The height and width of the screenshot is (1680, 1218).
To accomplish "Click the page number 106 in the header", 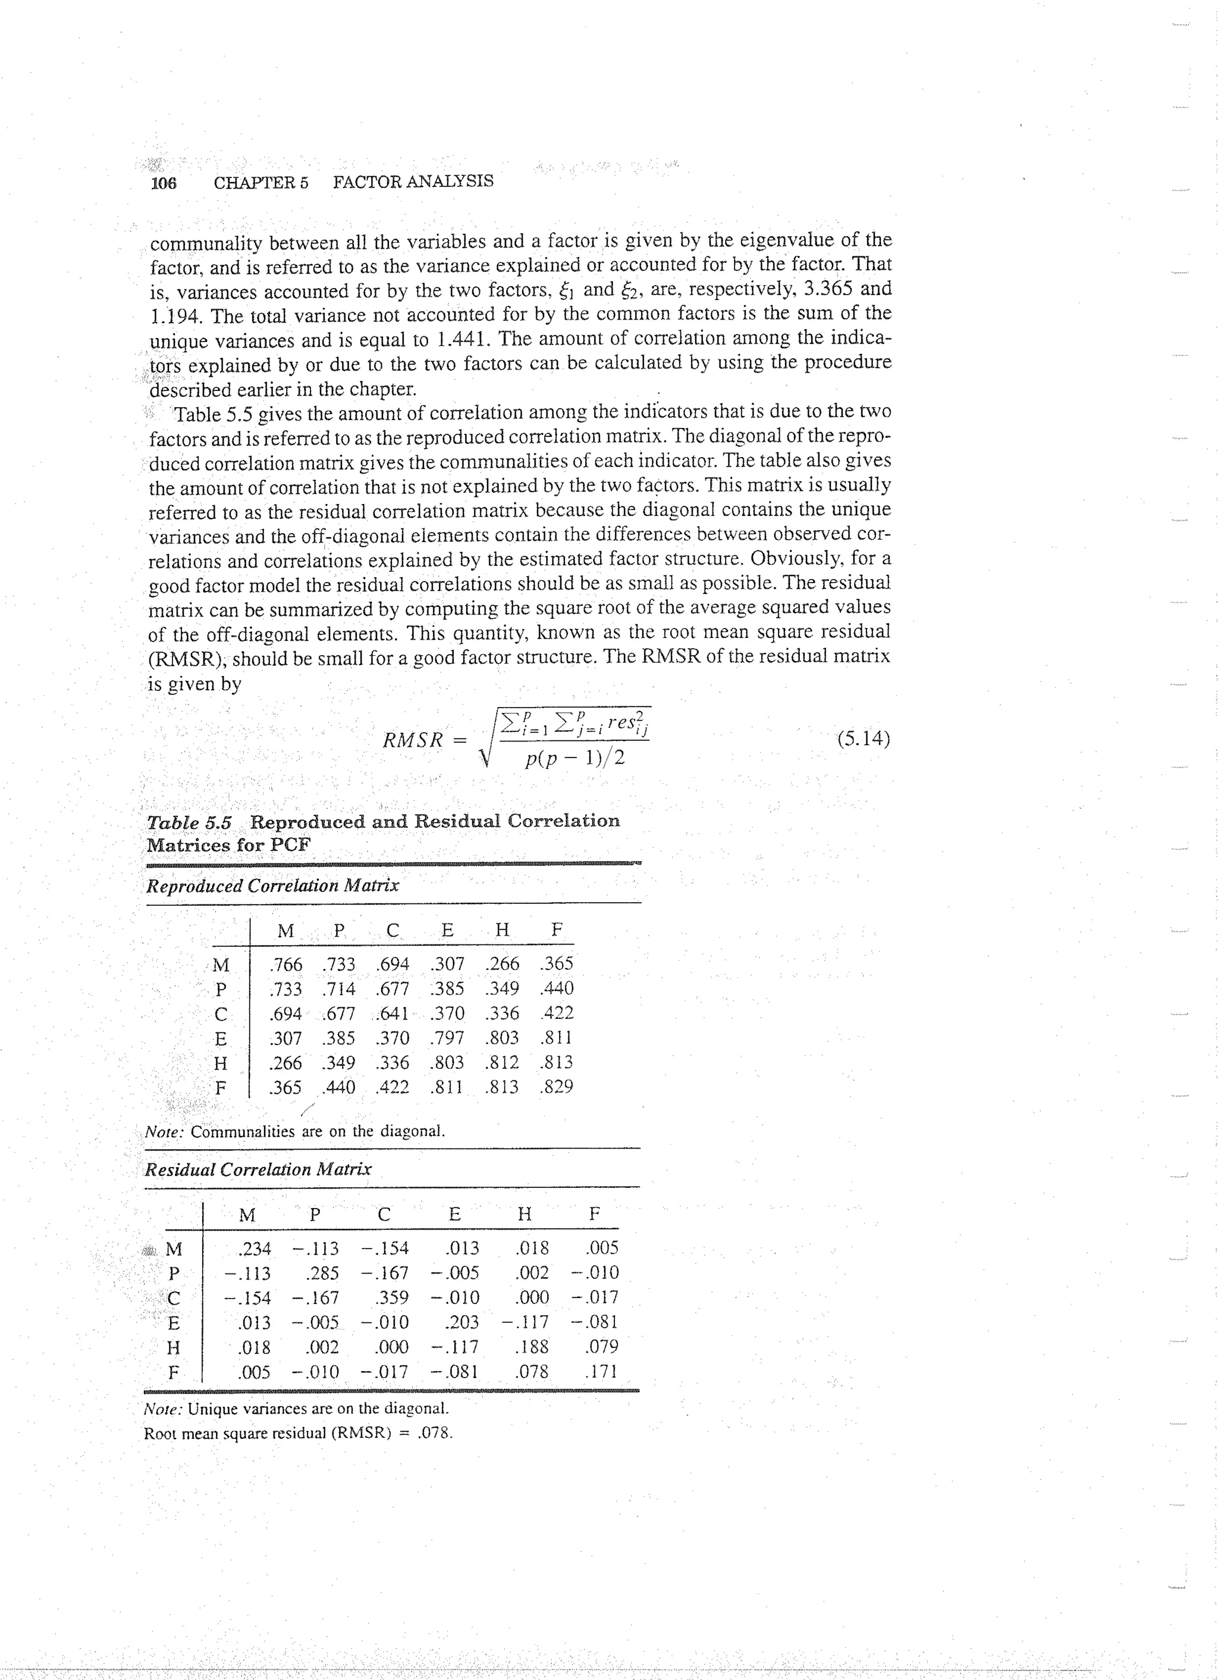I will tap(164, 183).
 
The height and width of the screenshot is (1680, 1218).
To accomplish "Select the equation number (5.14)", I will tap(864, 739).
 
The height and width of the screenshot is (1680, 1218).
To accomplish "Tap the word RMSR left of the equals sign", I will tap(412, 739).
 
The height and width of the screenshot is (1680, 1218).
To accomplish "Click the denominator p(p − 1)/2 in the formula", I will tap(575, 759).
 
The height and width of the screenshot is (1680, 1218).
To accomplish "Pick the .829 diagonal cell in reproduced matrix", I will tap(556, 1087).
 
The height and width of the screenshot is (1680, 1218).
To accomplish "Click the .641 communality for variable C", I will tap(393, 1013).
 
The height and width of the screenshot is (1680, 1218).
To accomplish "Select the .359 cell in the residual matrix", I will tap(392, 1297).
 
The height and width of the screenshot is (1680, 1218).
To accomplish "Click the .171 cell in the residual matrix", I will tap(601, 1371).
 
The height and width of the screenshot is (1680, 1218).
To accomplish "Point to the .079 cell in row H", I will tap(601, 1346).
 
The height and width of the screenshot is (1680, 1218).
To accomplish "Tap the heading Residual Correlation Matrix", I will tap(258, 1169).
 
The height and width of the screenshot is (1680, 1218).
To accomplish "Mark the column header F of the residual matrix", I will tap(594, 1213).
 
